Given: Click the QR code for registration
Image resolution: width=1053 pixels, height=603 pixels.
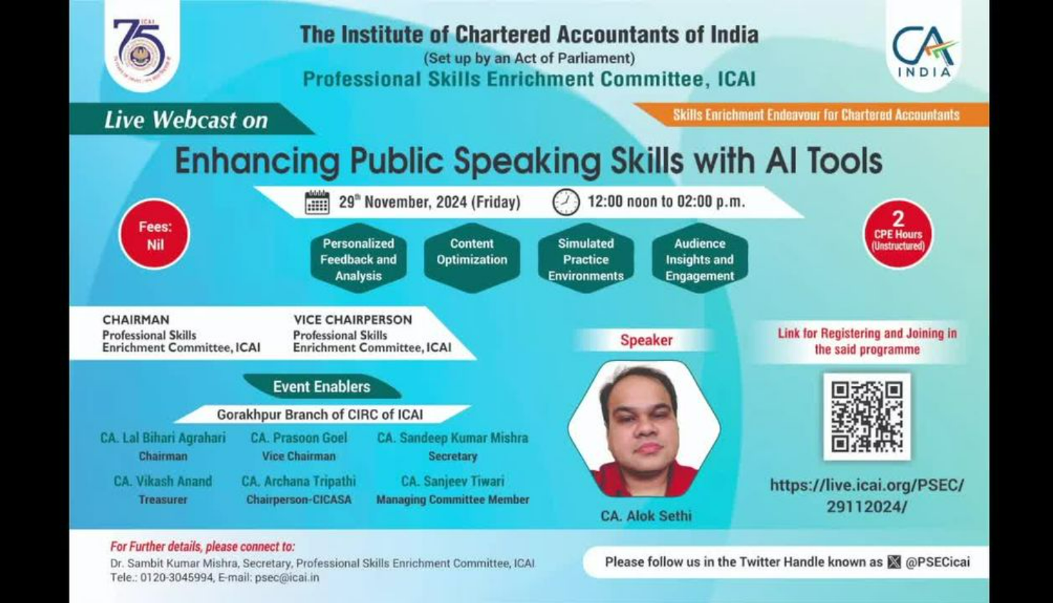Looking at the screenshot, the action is (x=867, y=417).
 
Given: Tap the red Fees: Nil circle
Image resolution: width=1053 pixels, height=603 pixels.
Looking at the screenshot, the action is (x=155, y=234).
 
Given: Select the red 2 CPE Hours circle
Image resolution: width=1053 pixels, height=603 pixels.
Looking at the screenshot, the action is (x=898, y=234).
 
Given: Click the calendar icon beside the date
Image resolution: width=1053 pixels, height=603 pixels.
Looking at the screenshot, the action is (x=317, y=202).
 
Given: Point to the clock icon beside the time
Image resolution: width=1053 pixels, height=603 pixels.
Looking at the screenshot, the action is (x=566, y=202).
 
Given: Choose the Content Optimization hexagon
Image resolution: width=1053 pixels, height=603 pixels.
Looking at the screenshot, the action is (x=472, y=258).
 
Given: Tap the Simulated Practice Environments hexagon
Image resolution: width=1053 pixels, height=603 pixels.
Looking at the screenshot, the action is (x=586, y=258).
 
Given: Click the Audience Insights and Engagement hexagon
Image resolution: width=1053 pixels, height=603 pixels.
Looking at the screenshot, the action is (x=699, y=258).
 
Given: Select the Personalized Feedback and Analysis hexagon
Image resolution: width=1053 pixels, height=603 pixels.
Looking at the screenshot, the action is (x=358, y=258).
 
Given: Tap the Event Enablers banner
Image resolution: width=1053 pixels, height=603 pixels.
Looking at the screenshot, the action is (x=322, y=387).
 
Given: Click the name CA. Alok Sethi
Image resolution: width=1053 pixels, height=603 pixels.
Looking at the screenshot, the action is (x=646, y=516).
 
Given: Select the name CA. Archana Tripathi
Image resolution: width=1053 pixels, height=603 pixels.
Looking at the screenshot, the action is (x=298, y=481).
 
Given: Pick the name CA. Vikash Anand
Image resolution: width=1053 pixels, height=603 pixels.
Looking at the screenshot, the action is (x=163, y=481).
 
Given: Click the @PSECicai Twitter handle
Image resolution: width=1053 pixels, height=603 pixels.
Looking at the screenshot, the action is (x=938, y=562).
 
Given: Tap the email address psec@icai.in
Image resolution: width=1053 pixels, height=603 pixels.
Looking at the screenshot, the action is (x=287, y=577).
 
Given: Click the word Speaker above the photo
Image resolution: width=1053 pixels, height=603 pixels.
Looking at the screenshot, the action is (x=646, y=340).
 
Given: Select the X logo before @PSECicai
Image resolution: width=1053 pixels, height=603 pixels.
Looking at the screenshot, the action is (x=894, y=562).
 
